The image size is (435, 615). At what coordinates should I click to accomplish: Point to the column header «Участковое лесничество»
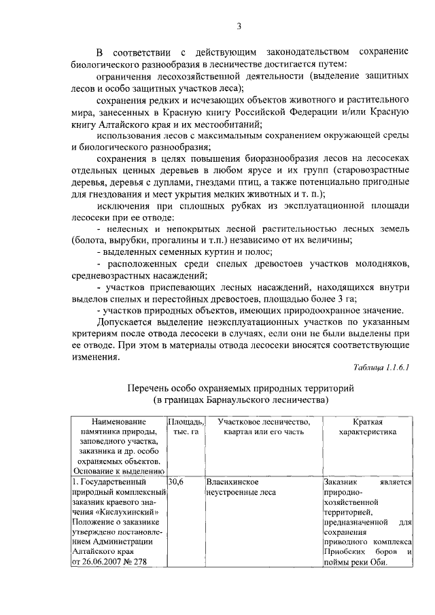click(x=264, y=422)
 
